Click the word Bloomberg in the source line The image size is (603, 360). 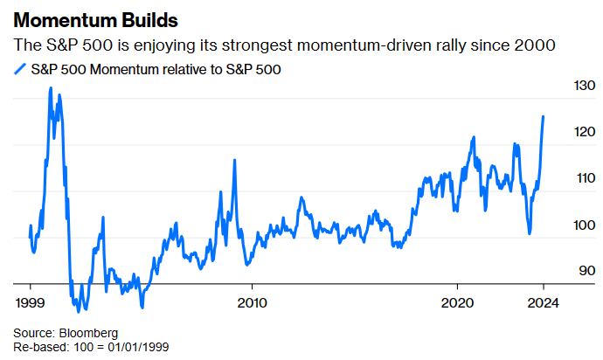coord(88,333)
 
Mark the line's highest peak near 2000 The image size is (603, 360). coord(50,88)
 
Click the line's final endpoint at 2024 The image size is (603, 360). coord(544,116)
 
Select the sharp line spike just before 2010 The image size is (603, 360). coord(234,160)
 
